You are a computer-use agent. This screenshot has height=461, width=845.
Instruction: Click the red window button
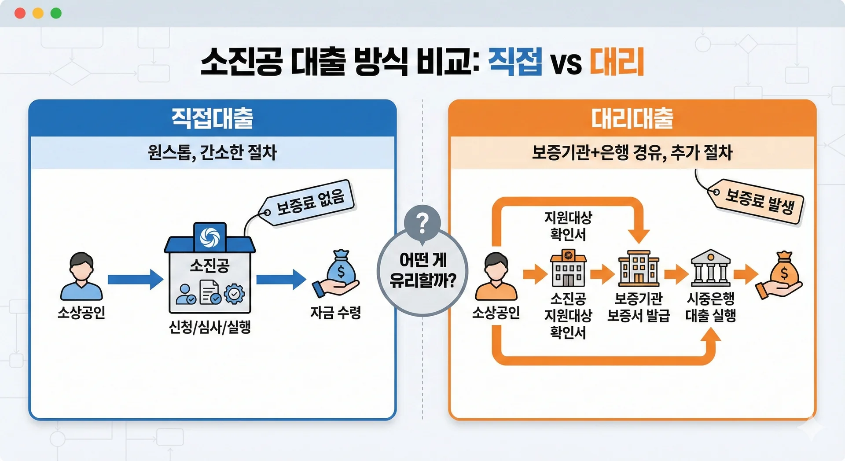coord(20,13)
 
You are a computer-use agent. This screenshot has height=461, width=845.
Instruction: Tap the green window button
coord(56,13)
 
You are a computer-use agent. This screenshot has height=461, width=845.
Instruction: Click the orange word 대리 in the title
coord(617,62)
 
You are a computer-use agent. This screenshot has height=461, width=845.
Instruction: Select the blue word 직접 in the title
coord(515,62)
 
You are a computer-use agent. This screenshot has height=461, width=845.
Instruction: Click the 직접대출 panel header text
coord(212,118)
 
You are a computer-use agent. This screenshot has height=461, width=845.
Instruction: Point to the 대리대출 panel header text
coord(632,118)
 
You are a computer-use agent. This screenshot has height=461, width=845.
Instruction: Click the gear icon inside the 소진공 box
coord(234,293)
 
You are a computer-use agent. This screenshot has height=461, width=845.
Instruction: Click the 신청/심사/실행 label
coord(210,327)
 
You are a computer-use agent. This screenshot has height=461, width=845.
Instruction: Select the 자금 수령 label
coord(336,313)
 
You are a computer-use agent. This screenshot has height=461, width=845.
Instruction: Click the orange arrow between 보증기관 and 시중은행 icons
coord(676,274)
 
